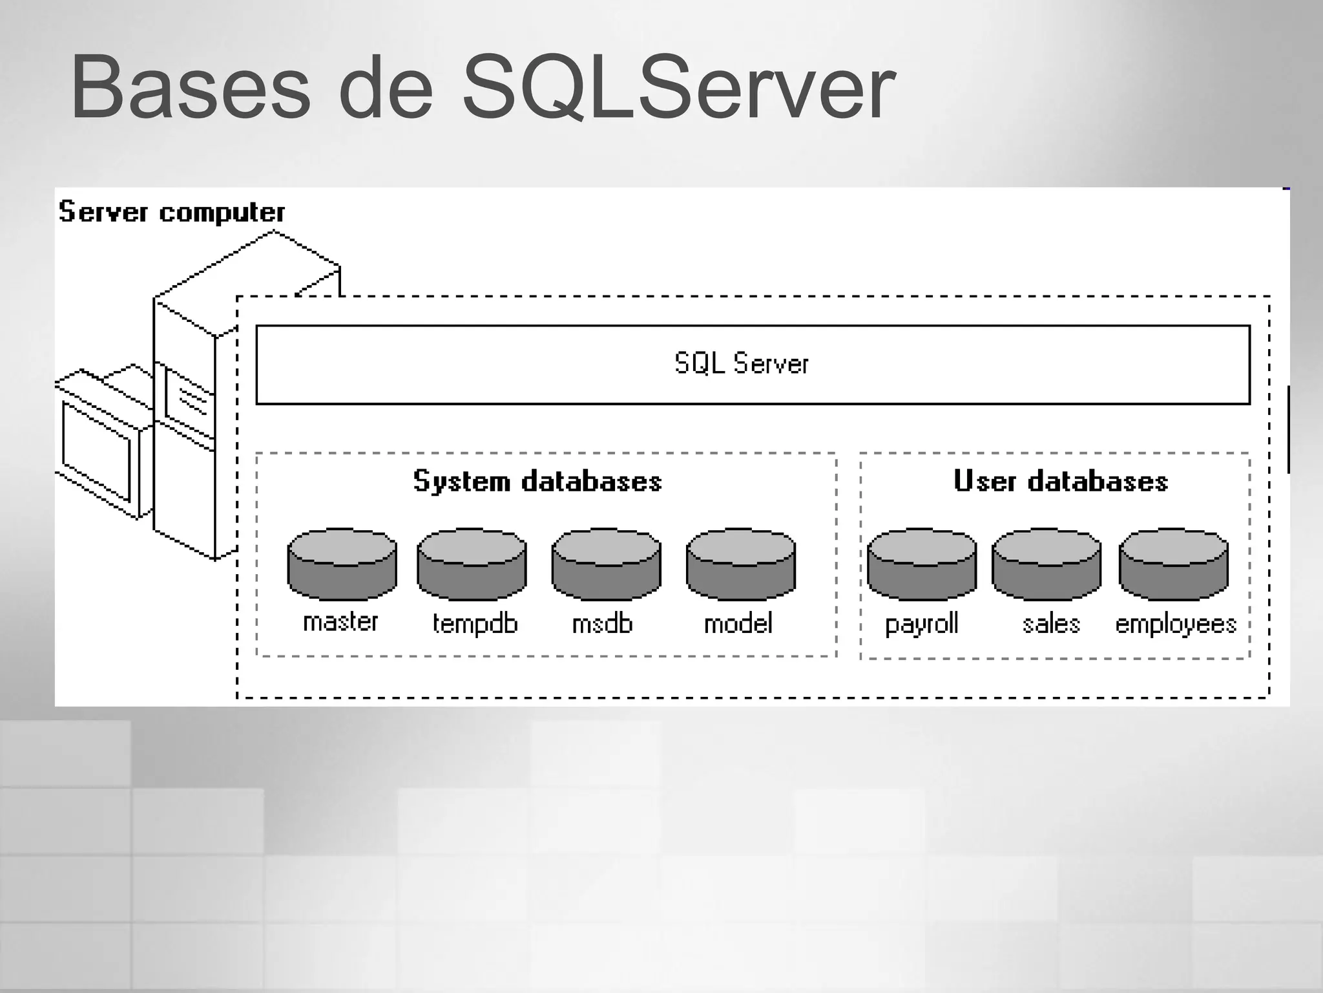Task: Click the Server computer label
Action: tap(172, 213)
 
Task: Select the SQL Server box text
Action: tap(741, 364)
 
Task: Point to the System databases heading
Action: tap(537, 482)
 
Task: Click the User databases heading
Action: tap(1061, 482)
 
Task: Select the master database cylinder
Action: tap(342, 564)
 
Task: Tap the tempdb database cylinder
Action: tap(472, 564)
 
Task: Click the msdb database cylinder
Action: tap(606, 564)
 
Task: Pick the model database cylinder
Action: tap(740, 564)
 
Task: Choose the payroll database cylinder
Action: tap(922, 564)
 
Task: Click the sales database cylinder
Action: tap(1047, 564)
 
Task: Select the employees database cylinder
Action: tap(1173, 564)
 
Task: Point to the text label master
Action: tap(340, 622)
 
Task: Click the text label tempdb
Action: tap(475, 624)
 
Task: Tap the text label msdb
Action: tap(602, 624)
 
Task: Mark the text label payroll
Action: tap(921, 625)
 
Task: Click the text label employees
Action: tap(1176, 625)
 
